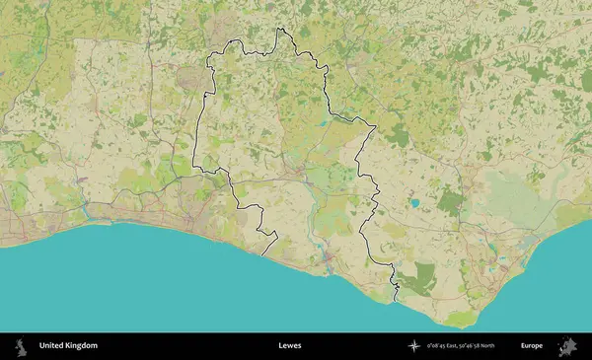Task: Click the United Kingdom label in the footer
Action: point(68,346)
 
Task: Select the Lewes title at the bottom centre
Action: point(290,346)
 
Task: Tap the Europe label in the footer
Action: point(532,346)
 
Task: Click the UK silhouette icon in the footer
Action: point(19,346)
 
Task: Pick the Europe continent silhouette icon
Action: point(567,346)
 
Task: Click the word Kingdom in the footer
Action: point(81,346)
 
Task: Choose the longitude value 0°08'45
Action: point(439,346)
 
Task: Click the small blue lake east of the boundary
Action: point(415,203)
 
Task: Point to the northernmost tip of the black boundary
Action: point(279,30)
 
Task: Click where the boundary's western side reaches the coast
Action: point(263,254)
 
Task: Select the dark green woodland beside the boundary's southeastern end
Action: point(421,278)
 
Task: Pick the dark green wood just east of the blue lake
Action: point(450,202)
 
